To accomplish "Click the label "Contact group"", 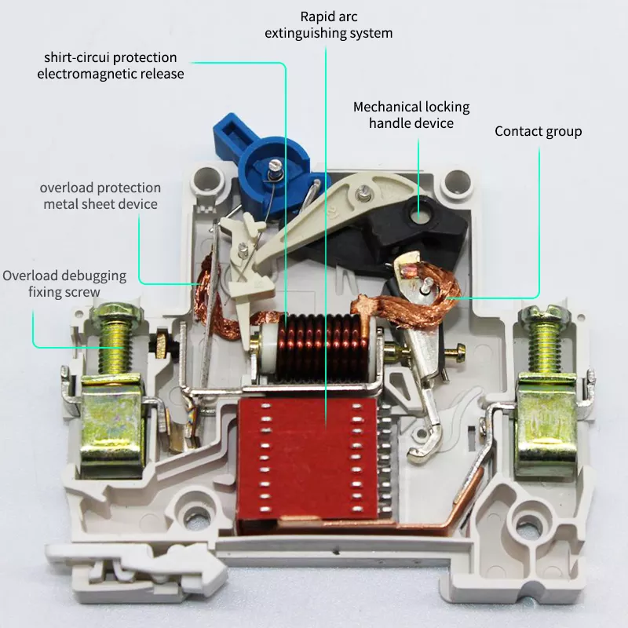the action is [538, 131].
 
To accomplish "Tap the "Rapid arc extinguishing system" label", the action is [328, 25].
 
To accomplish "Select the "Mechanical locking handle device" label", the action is [411, 115].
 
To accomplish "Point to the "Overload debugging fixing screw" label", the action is [64, 283].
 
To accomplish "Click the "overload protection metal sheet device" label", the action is [100, 195].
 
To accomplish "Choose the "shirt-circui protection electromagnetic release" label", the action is [111, 66].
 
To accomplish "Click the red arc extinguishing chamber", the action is [308, 461].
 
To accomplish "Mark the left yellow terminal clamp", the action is [112, 425].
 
